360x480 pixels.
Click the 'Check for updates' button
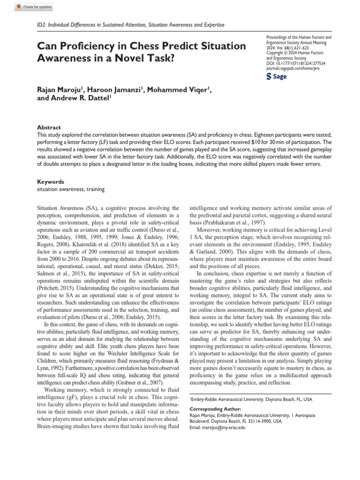pos(33,7)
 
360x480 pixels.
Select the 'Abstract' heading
pos(49,127)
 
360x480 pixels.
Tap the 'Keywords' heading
pos(51,181)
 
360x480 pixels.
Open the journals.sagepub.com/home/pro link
pos(292,68)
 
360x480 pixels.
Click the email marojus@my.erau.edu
pos(224,428)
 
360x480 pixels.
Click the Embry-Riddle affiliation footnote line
pos(250,399)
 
